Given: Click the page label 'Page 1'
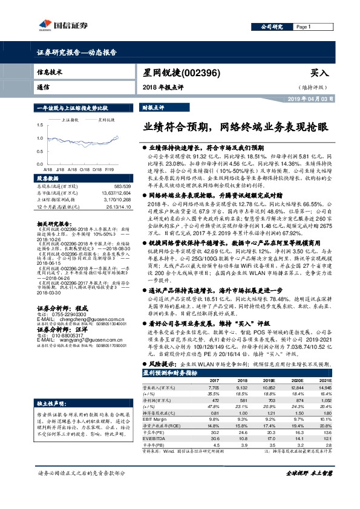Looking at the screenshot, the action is (x=304, y=27).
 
